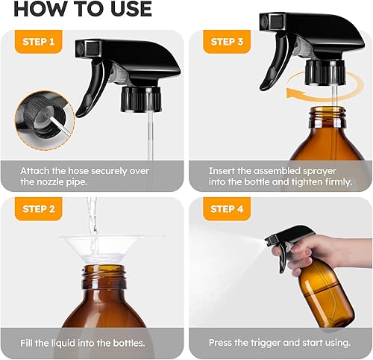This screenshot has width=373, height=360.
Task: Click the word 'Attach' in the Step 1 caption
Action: coord(35,170)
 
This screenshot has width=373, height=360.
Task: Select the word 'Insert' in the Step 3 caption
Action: coord(225,170)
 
